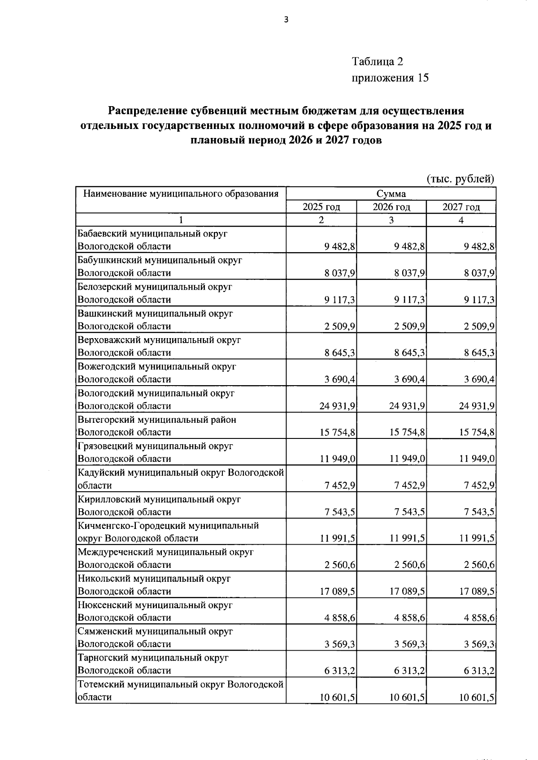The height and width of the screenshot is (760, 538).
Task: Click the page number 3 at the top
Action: coord(286,19)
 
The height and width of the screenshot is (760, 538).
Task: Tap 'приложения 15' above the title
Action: coord(390,78)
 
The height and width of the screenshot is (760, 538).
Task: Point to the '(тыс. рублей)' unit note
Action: coord(460,179)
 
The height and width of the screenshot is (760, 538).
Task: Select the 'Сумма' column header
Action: coord(391,194)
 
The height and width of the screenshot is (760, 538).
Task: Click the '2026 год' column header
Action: coord(391,207)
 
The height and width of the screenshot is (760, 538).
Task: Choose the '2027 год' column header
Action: coord(461,207)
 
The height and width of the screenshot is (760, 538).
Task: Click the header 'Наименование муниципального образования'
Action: coord(181,194)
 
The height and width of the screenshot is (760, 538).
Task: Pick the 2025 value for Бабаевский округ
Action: coord(340,246)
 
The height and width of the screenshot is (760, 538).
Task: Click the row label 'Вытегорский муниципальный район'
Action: coord(157,420)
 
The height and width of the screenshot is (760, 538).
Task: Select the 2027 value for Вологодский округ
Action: coord(477,406)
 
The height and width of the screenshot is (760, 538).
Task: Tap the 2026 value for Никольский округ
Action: coord(408,591)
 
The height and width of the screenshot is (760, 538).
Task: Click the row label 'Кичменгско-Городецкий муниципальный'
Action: coord(168,525)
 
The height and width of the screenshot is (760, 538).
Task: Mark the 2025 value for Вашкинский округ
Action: coord(340,326)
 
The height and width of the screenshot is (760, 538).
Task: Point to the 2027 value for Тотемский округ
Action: coord(477,697)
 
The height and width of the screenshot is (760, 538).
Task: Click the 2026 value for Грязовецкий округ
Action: coord(408,459)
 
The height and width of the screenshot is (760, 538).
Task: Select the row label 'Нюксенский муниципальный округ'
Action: coord(155,605)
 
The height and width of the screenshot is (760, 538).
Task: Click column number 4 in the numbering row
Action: coord(461,220)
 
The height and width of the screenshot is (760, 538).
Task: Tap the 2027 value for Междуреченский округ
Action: coord(479,565)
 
